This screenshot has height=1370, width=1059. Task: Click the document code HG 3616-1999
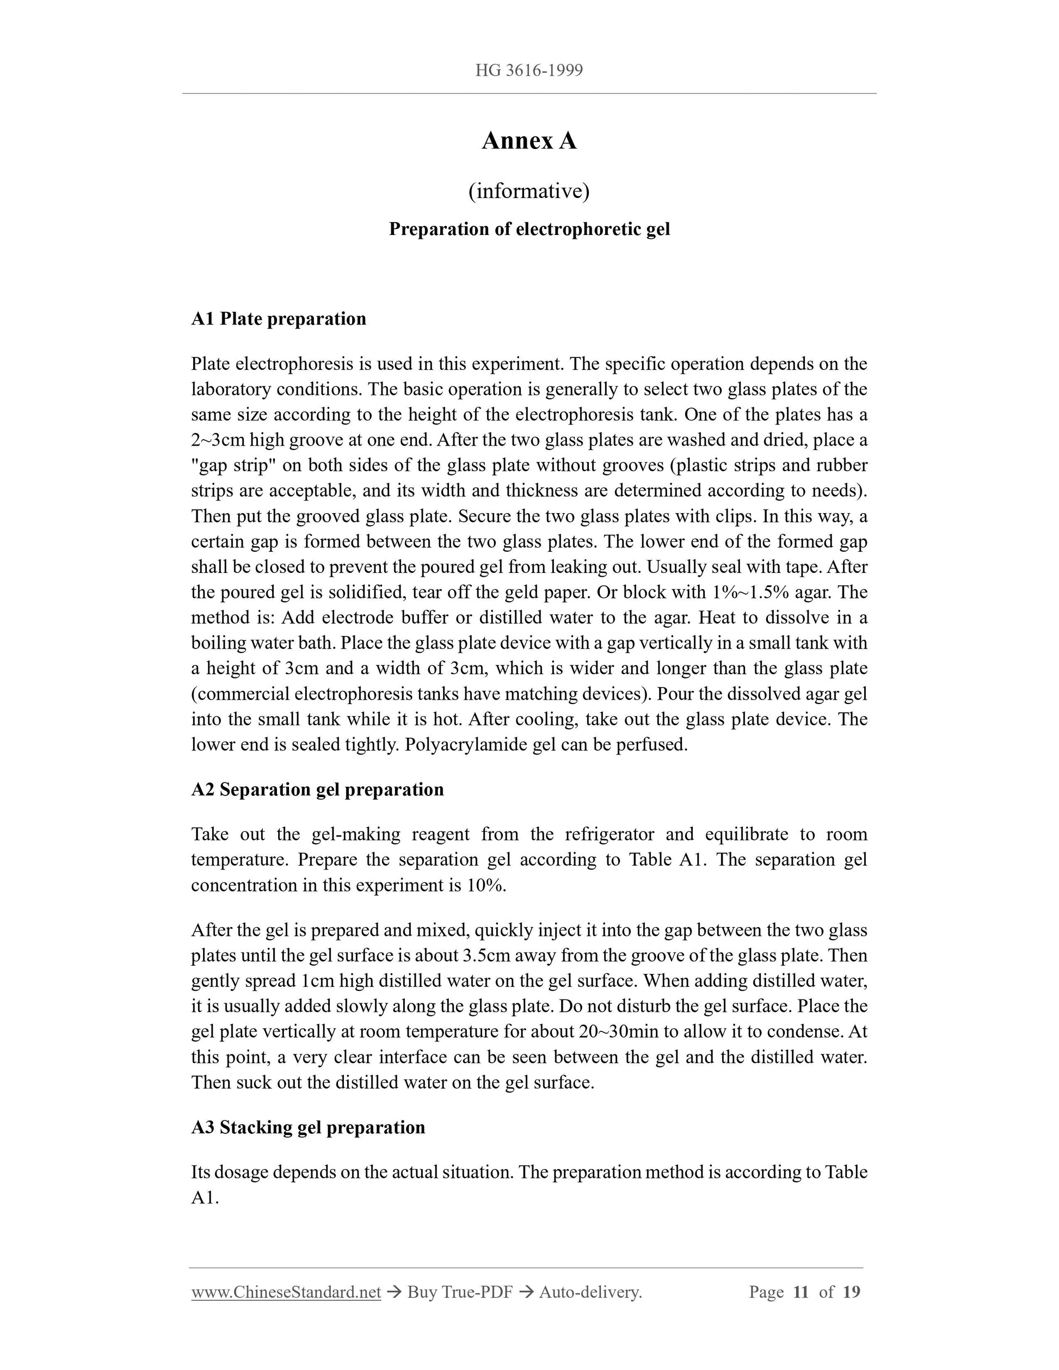pos(529,70)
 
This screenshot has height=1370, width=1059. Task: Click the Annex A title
pos(529,140)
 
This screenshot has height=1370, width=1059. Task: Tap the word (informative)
pos(529,190)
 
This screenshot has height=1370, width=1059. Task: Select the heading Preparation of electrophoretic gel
pos(529,229)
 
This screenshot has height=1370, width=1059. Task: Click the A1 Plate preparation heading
pos(279,319)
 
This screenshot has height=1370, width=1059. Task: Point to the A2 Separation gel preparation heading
pos(317,789)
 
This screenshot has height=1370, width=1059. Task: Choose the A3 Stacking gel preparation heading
pos(308,1127)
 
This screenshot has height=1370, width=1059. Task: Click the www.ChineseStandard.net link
pos(286,1292)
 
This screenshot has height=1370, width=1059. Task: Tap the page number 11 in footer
pos(801,1292)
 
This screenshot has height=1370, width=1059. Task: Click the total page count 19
pos(851,1292)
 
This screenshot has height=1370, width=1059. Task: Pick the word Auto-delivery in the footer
pos(590,1292)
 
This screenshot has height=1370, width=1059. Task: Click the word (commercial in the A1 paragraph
pos(241,694)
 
